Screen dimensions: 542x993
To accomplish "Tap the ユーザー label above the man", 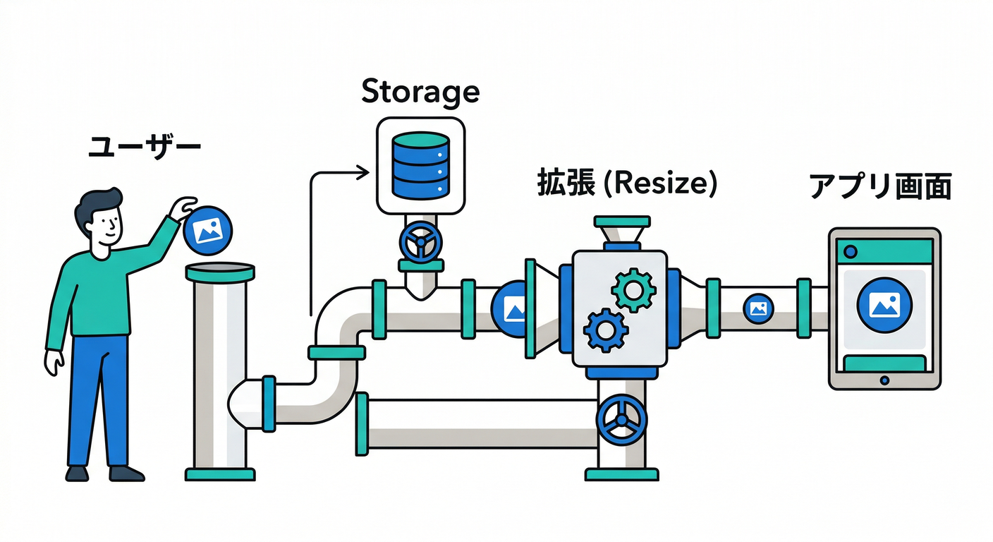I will pos(145,149).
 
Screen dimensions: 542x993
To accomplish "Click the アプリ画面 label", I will pos(881,187).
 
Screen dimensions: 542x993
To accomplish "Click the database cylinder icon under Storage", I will pos(420,165).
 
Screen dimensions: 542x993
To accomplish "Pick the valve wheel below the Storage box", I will pos(420,242).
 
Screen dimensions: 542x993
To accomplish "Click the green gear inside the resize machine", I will pos(633,289).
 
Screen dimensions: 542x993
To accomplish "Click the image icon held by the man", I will pos(208,229).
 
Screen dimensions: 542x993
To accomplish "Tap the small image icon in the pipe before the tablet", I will pos(759,308).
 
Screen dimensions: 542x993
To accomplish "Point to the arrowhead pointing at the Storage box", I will pos(364,172).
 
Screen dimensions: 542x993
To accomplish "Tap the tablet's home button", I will pos(885,380).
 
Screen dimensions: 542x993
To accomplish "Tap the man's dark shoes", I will pos(106,472).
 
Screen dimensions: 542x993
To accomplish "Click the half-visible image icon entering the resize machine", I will pos(511,308).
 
